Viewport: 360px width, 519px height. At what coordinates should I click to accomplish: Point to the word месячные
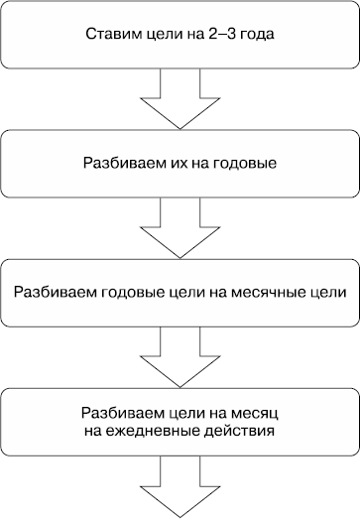pyautogui.click(x=270, y=265)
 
